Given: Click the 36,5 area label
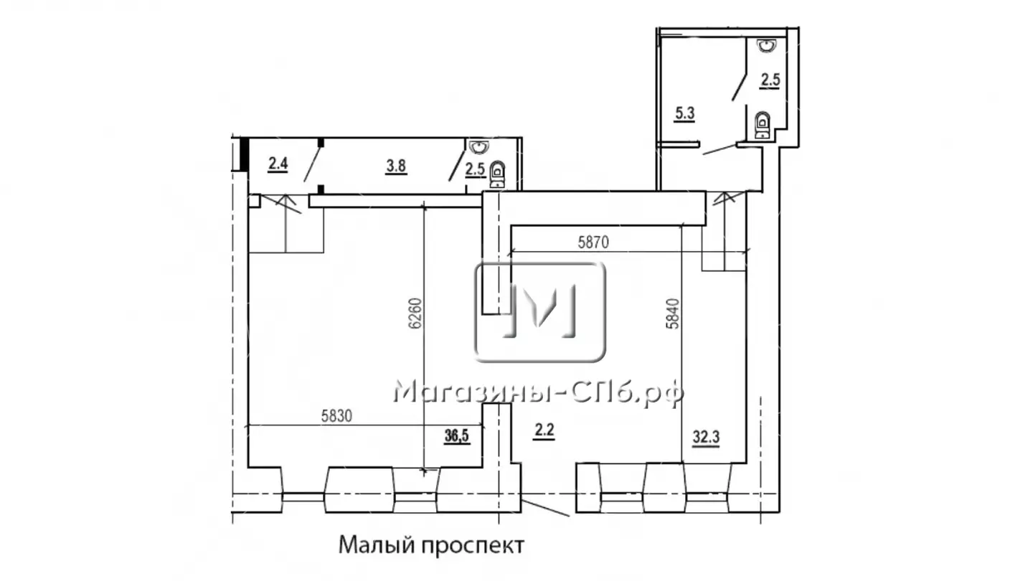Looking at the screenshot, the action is click(456, 436).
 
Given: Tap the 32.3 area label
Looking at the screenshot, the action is click(706, 437).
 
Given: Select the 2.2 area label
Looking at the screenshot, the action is click(544, 431).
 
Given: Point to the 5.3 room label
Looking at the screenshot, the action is click(684, 113).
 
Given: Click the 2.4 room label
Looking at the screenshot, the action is click(278, 164).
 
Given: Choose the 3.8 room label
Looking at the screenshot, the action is click(396, 166).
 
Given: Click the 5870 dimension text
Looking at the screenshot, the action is click(593, 242).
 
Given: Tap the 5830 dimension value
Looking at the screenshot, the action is click(336, 416).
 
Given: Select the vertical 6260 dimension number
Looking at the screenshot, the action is click(415, 313).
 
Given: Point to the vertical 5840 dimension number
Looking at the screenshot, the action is click(673, 313).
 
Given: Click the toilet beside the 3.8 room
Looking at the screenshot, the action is click(497, 174).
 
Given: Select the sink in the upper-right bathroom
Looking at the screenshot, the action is click(767, 45).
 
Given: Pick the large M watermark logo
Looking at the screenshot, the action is click(539, 312).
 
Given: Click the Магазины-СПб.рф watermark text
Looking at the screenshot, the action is click(538, 393).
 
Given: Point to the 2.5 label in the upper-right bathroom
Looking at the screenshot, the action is click(770, 80).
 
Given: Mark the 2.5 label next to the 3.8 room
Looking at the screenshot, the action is click(475, 170).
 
